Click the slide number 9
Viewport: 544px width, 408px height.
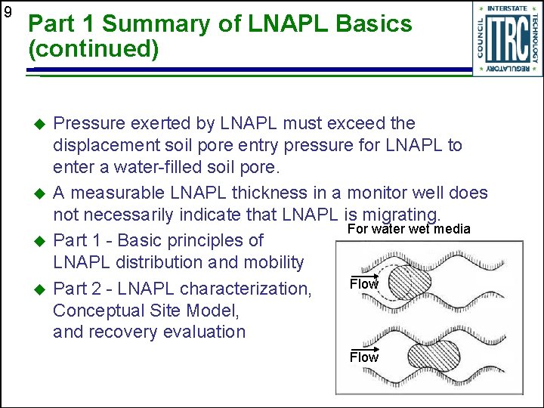8,12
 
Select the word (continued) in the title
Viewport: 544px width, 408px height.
94,50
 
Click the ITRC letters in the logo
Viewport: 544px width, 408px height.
507,40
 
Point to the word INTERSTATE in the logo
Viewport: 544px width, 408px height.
507,8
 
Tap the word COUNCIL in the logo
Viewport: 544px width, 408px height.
481,40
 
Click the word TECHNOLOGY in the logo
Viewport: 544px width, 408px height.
534,39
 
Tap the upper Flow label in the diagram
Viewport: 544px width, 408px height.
363,285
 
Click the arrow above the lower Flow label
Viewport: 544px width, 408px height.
363,349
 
